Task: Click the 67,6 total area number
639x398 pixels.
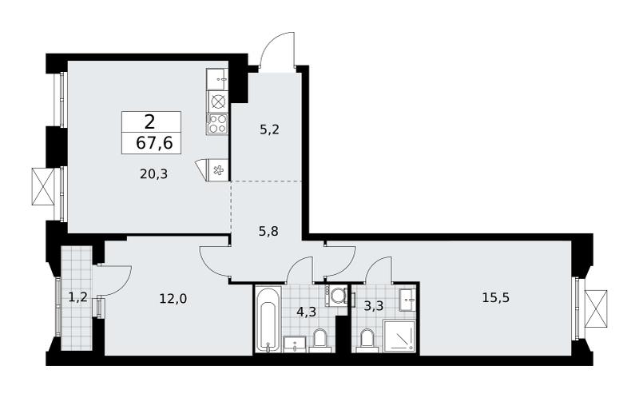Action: [154, 143]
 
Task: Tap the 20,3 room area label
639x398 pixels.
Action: [153, 174]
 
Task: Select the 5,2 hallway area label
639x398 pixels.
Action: [270, 130]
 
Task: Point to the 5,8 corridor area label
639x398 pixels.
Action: [269, 232]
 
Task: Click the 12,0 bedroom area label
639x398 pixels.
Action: [173, 299]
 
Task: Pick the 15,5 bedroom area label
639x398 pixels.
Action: [496, 297]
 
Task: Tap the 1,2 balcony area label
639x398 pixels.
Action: [77, 297]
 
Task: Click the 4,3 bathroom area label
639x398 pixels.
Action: [307, 312]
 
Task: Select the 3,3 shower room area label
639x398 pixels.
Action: [373, 305]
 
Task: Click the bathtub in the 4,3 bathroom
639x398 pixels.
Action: [268, 319]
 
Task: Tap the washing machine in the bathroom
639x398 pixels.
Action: [336, 295]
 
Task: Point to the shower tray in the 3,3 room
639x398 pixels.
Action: [399, 336]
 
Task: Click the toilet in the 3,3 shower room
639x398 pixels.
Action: [367, 342]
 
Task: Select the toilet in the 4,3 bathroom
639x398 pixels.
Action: [321, 341]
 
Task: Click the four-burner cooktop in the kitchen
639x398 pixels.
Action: [217, 124]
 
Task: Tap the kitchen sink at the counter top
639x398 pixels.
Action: [217, 79]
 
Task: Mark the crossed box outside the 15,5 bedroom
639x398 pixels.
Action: [596, 308]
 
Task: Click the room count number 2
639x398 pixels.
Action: [149, 121]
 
